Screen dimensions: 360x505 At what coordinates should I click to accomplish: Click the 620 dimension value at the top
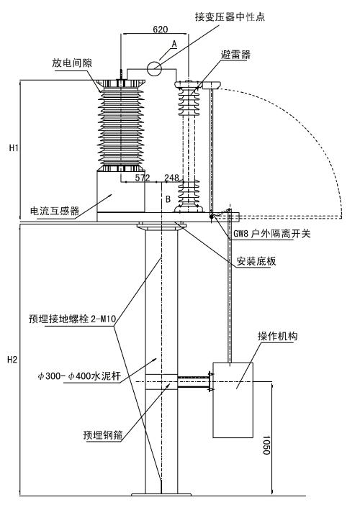click(160, 29)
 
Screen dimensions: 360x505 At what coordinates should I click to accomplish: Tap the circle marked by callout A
click(154, 68)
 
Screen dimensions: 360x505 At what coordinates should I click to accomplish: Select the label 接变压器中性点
click(230, 17)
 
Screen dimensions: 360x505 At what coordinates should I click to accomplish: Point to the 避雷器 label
click(235, 55)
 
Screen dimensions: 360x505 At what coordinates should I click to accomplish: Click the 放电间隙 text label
click(72, 63)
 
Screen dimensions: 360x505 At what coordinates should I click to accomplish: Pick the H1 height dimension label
click(14, 147)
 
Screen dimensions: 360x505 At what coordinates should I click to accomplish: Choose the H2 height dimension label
click(12, 360)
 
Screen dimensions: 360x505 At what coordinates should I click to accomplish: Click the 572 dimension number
click(143, 178)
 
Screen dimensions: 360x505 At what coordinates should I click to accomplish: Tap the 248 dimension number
click(171, 178)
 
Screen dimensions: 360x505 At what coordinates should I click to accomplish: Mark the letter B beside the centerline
click(168, 199)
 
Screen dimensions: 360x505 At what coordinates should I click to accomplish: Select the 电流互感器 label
click(55, 211)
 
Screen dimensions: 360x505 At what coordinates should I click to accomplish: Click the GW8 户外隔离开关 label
click(272, 233)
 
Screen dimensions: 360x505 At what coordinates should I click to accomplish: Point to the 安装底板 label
click(256, 261)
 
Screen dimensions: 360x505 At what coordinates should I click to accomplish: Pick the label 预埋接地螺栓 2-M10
click(72, 319)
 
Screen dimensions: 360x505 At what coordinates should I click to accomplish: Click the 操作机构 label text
click(277, 336)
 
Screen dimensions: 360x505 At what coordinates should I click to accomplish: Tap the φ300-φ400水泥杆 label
click(79, 376)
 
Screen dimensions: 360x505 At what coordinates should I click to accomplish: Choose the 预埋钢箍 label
click(103, 435)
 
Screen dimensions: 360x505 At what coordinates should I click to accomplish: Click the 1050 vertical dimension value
click(266, 445)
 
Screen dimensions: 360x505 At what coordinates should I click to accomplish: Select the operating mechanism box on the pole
click(233, 400)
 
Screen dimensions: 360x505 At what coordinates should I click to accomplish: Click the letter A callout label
click(174, 44)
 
